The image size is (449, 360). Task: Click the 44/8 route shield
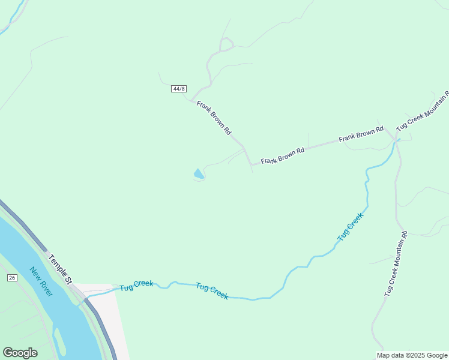pyautogui.click(x=178, y=89)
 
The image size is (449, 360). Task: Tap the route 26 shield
pyautogui.click(x=12, y=277)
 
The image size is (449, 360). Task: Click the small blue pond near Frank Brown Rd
pyautogui.click(x=198, y=174)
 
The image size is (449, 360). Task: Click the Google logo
pyautogui.click(x=20, y=353)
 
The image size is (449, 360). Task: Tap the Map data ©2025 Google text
pyautogui.click(x=412, y=355)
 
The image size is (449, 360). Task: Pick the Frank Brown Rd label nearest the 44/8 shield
pyautogui.click(x=214, y=117)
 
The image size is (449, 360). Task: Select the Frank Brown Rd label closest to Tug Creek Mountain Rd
pyautogui.click(x=361, y=134)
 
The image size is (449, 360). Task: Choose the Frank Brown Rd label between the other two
pyautogui.click(x=283, y=156)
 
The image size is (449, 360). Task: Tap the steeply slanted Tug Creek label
pyautogui.click(x=351, y=227)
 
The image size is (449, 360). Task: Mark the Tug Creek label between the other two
pyautogui.click(x=212, y=292)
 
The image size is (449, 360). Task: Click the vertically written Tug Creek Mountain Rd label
pyautogui.click(x=396, y=264)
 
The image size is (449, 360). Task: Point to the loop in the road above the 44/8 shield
pyautogui.click(x=226, y=44)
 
